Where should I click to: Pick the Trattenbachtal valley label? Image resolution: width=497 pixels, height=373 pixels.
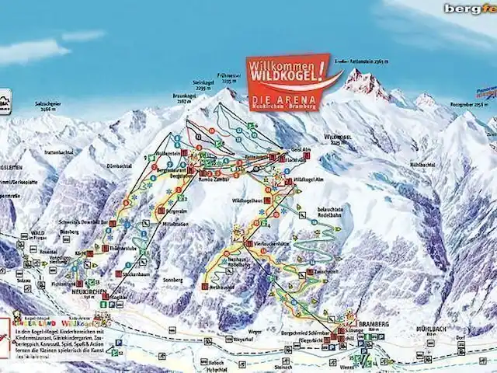(57, 152)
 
